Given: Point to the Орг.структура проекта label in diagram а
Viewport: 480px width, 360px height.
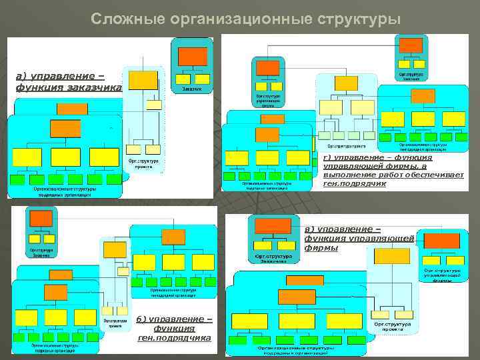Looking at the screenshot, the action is click(x=143, y=163).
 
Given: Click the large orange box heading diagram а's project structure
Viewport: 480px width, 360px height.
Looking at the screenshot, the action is click(x=143, y=79).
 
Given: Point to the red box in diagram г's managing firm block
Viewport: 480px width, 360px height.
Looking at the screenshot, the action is click(x=267, y=68).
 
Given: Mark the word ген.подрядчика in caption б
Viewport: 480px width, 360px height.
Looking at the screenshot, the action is click(x=174, y=338).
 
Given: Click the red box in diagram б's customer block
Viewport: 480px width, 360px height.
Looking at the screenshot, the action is click(x=41, y=218).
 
